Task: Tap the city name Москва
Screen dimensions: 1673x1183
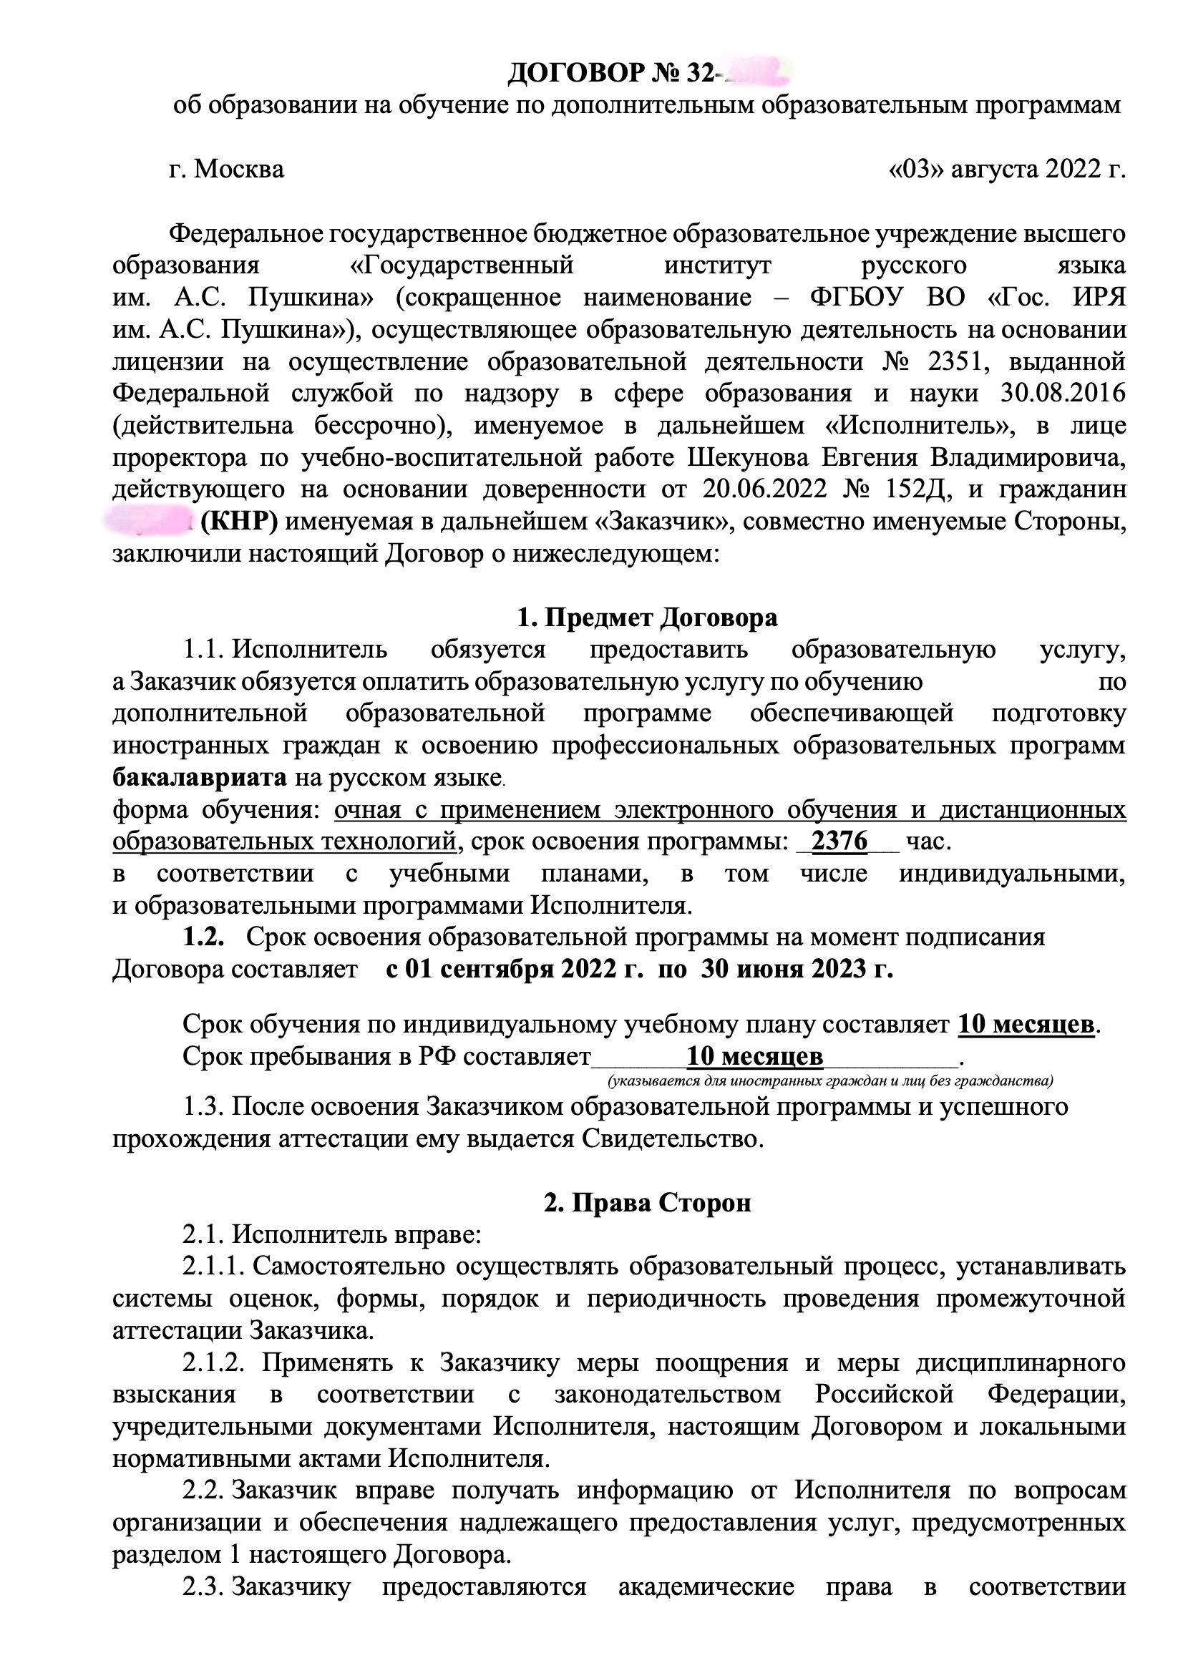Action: coord(239,169)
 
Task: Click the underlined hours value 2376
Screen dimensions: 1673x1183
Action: coord(839,842)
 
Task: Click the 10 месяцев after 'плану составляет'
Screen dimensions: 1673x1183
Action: coord(1026,1025)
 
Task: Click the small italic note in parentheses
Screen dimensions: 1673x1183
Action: coord(830,1080)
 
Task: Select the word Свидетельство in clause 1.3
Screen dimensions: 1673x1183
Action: coord(671,1138)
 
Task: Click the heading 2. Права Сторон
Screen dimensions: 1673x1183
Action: coord(647,1202)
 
